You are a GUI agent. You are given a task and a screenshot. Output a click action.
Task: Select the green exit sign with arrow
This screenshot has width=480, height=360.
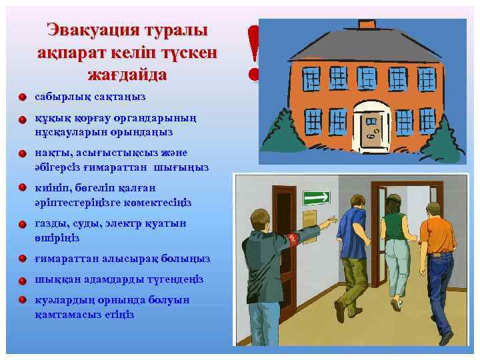(x=317, y=198)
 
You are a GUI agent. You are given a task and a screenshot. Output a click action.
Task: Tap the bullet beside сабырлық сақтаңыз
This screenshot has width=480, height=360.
(x=23, y=97)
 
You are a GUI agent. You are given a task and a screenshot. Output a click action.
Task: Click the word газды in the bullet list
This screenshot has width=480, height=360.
(x=51, y=223)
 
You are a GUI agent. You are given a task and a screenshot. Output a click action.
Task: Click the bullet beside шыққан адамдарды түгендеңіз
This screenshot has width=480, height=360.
(x=23, y=280)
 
